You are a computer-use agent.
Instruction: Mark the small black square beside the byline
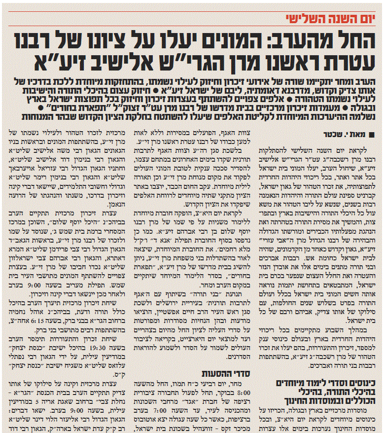tap(374, 134)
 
